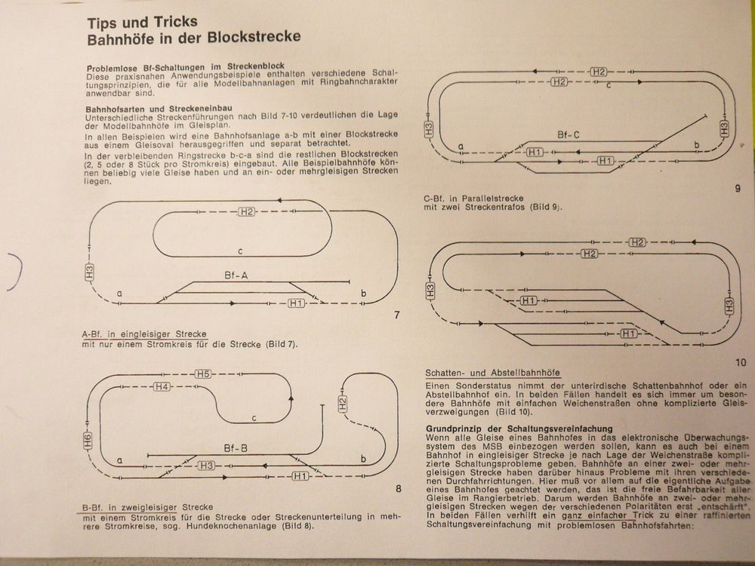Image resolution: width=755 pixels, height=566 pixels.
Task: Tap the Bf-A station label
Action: (x=236, y=275)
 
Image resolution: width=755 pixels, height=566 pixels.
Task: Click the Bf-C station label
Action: (x=569, y=135)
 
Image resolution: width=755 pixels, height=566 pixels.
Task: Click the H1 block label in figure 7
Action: (x=296, y=303)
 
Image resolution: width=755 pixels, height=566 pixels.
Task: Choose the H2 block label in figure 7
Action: (x=247, y=211)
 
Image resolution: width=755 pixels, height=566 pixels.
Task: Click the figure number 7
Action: (x=397, y=315)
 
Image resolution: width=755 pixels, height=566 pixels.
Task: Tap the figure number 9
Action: (x=737, y=189)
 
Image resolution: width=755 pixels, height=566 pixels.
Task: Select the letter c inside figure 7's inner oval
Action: (x=239, y=251)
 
